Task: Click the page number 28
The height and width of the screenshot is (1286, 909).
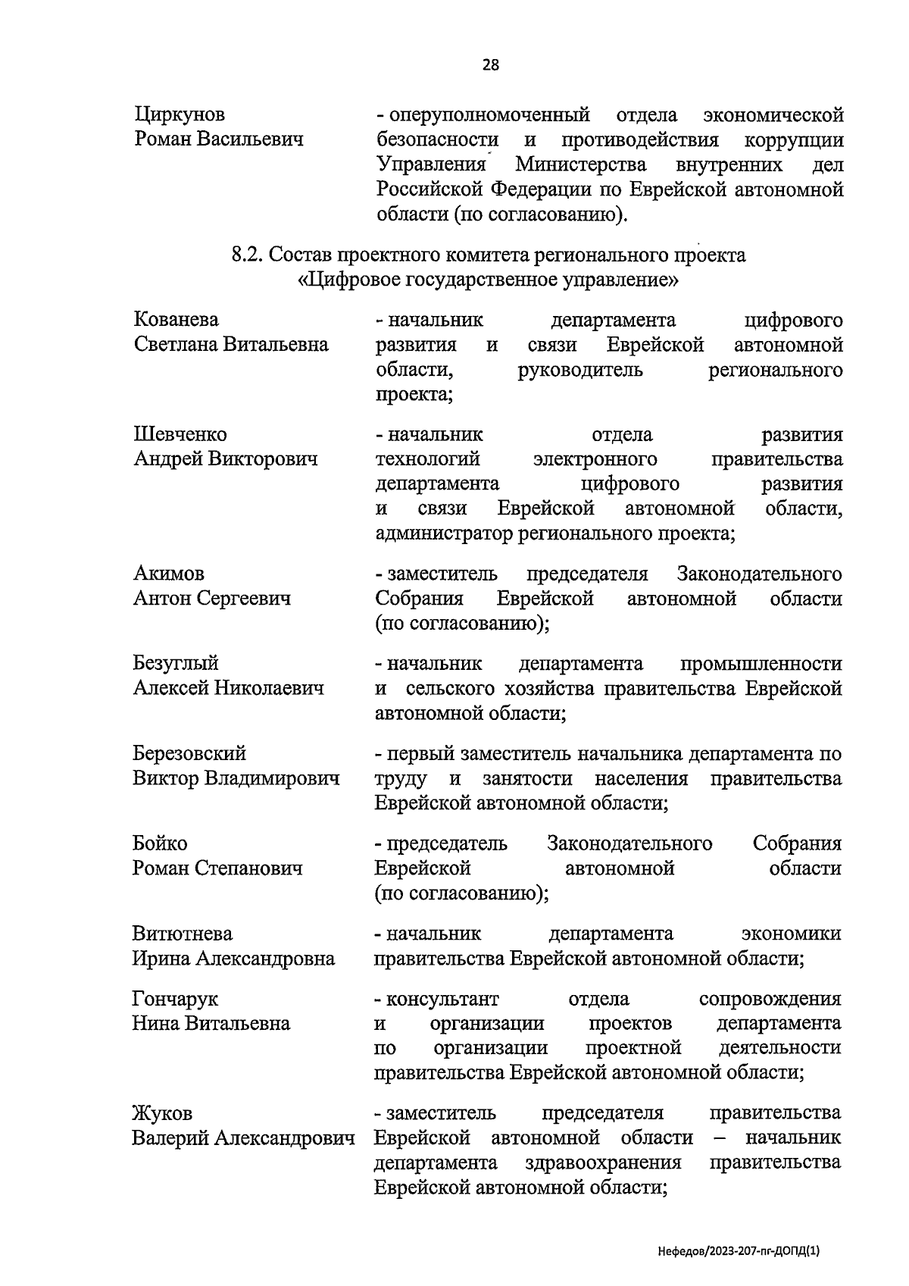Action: (490, 65)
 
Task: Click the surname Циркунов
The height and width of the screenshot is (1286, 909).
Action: (180, 115)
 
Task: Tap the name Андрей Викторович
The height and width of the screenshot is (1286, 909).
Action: (226, 459)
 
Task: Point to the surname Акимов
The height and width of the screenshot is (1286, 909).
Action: (169, 574)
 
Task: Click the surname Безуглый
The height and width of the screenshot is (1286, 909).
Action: (176, 663)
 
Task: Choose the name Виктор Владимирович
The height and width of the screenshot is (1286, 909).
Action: (236, 778)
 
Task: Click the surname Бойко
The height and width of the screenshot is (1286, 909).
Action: (160, 843)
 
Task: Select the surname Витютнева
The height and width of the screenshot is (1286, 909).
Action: (183, 934)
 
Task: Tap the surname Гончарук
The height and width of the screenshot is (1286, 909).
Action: (175, 1000)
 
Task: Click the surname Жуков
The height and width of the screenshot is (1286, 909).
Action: (162, 1113)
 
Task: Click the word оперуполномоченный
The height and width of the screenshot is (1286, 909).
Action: (489, 115)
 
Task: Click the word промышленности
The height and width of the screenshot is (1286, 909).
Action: (761, 664)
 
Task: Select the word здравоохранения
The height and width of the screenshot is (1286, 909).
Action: (603, 1162)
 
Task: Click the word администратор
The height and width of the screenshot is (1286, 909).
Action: (445, 533)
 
